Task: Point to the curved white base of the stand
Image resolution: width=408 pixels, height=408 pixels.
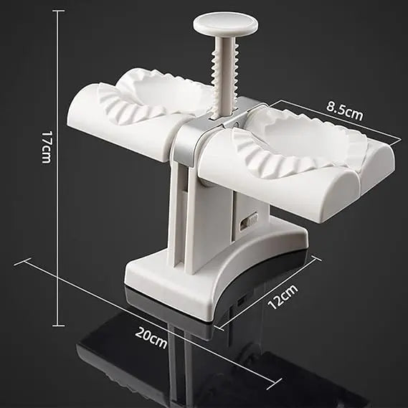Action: point(208,272)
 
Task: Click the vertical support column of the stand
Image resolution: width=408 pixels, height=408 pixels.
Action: point(188,215)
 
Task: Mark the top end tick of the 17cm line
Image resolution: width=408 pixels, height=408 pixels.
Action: point(58,11)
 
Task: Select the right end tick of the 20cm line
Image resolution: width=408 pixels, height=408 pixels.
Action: point(273,387)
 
